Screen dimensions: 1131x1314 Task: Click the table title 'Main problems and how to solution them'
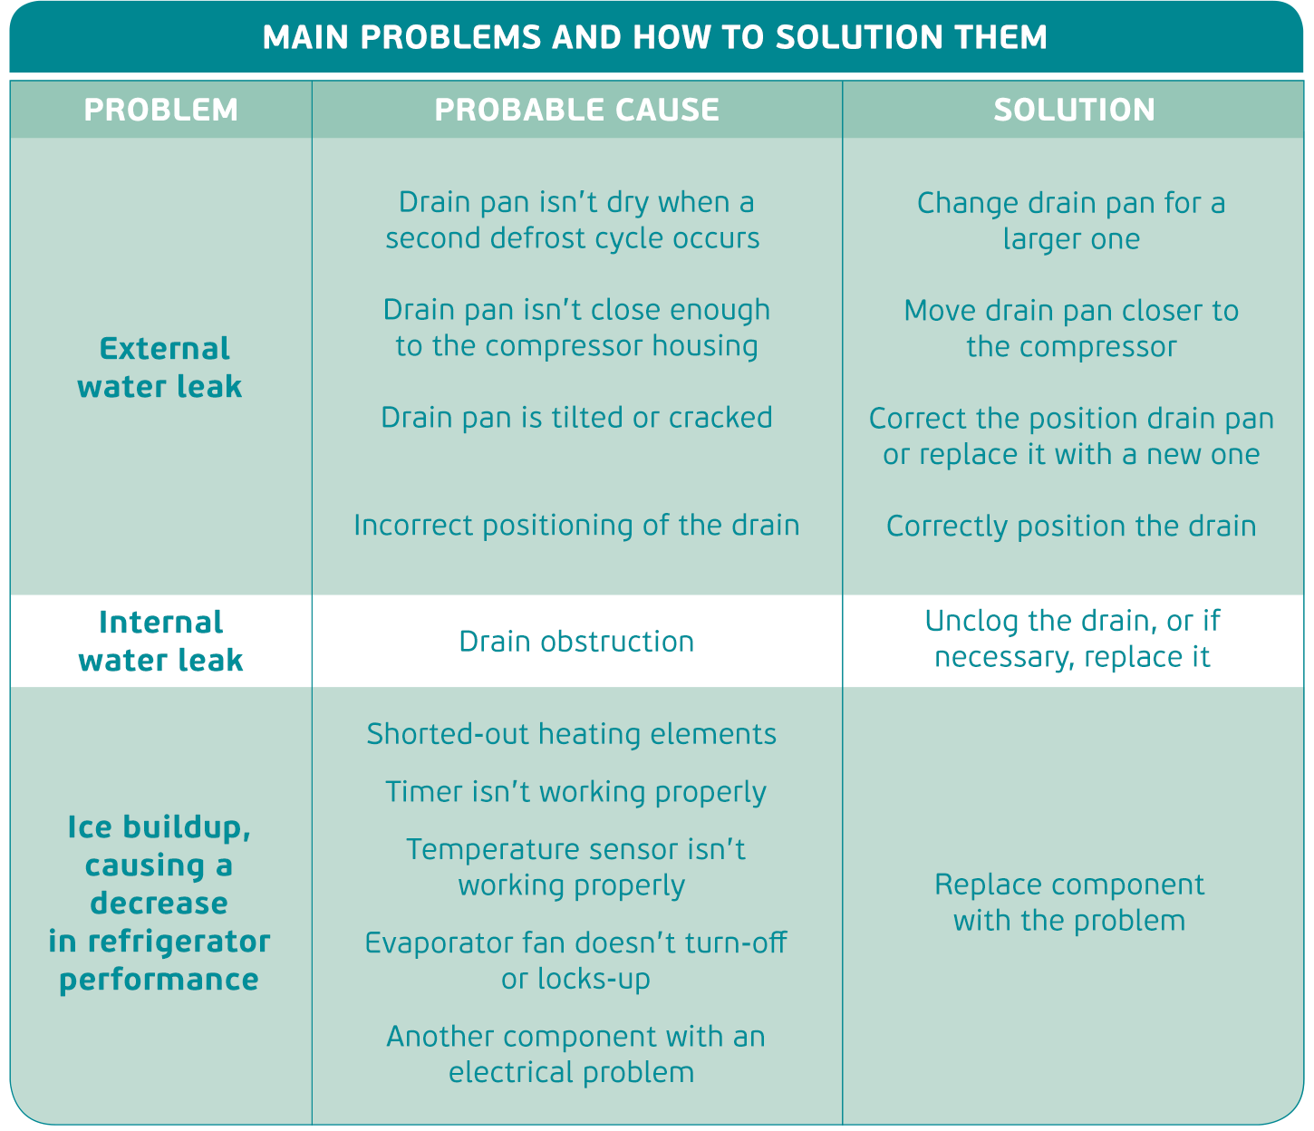[654, 37]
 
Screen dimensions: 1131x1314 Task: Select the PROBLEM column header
[161, 110]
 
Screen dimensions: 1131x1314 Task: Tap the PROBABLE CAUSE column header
[576, 110]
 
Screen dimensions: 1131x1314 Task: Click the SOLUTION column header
[1074, 110]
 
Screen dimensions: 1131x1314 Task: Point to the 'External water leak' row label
[160, 367]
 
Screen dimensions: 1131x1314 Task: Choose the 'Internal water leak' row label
[161, 641]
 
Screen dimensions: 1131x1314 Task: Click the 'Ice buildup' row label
[159, 903]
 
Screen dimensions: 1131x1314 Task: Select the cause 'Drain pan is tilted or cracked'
[576, 418]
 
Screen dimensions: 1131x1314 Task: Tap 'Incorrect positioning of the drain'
[576, 526]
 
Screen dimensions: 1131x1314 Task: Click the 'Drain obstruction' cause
[576, 642]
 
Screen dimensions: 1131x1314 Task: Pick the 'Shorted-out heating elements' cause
[572, 733]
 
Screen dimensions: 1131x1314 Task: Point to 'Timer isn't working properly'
[575, 792]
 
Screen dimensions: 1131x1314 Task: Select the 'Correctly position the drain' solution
[1071, 527]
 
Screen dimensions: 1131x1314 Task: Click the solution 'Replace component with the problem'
[1069, 903]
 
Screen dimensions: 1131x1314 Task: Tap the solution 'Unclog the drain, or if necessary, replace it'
[1072, 639]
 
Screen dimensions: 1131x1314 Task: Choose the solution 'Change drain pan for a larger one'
[1071, 220]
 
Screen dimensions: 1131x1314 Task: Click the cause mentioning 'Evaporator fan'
[575, 961]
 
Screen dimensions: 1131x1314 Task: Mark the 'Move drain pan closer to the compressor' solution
[1071, 328]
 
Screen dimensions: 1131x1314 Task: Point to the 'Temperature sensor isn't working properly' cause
[575, 867]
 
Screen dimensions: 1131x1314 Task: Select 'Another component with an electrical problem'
[575, 1054]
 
